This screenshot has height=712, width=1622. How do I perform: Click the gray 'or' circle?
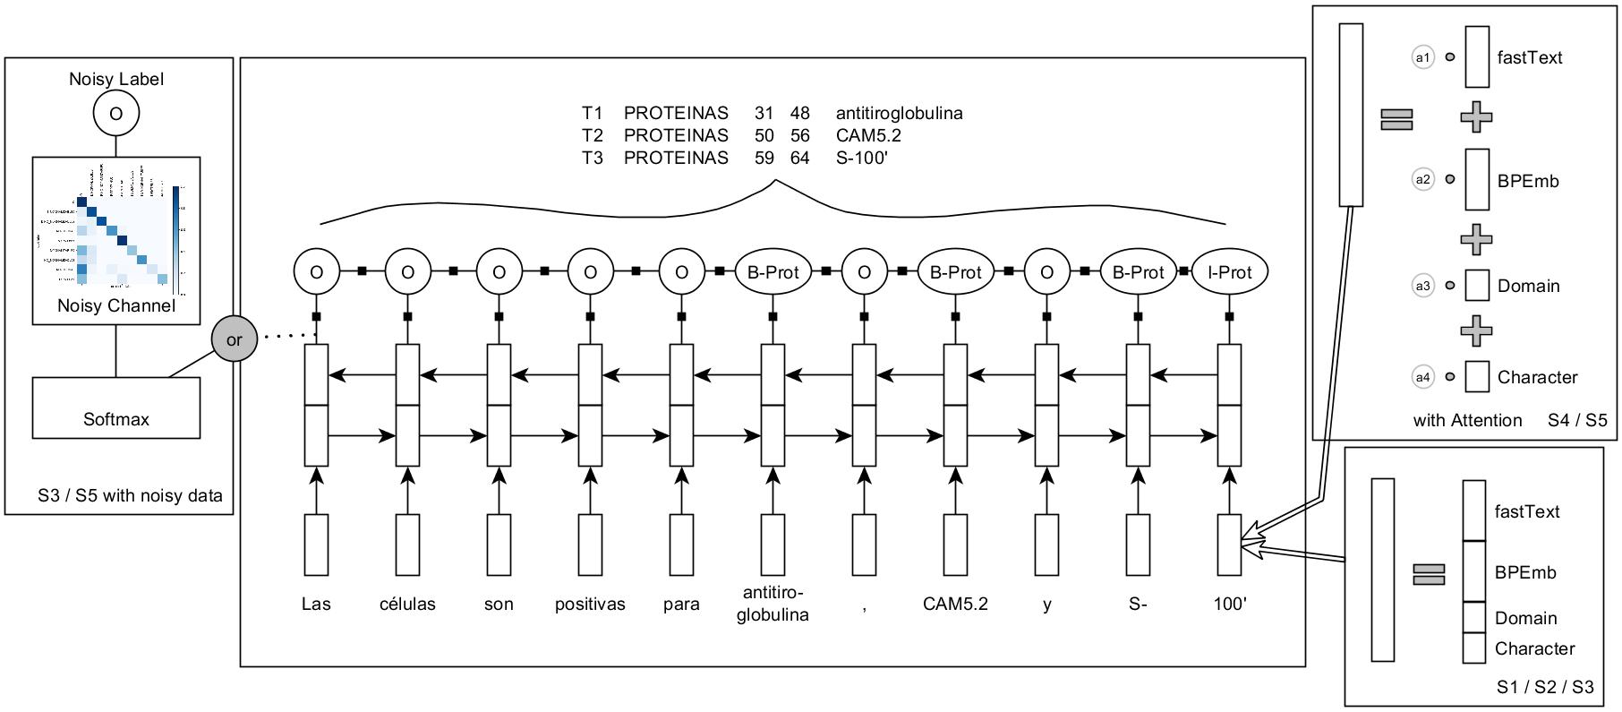[234, 339]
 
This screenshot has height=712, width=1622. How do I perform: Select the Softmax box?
[116, 407]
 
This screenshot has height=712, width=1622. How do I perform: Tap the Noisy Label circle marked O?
[115, 115]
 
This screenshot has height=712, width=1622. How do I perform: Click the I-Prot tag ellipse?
[1230, 272]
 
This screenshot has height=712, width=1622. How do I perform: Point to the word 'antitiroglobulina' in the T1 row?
[899, 113]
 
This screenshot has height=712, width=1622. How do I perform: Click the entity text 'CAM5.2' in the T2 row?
[868, 135]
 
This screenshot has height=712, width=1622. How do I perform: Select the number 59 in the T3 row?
[764, 158]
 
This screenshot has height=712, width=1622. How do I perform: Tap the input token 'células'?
[407, 604]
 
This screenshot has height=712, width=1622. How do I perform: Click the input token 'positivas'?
[590, 604]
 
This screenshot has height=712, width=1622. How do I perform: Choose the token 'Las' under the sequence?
[316, 604]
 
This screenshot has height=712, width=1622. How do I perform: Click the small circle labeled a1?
[1422, 57]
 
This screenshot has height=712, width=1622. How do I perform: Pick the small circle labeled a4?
[1422, 377]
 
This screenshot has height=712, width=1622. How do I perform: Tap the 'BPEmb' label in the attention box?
[1528, 181]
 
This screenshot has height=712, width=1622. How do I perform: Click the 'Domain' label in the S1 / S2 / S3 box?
[1525, 618]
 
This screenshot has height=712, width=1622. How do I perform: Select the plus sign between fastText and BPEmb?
[1476, 116]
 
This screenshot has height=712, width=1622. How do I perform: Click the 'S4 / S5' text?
[1577, 419]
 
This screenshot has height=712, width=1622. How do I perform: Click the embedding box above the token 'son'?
[499, 544]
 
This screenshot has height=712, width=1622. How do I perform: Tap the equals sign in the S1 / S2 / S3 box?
[1429, 573]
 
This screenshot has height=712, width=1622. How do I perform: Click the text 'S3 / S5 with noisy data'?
[130, 495]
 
